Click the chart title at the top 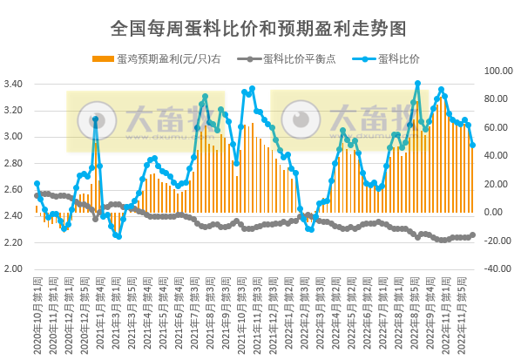(x=259, y=28)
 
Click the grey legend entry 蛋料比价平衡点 (x=284, y=59)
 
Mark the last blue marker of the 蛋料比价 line (x=473, y=146)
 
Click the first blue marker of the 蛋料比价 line (x=37, y=184)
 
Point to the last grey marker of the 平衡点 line (x=473, y=234)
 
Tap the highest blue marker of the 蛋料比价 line (x=418, y=84)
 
